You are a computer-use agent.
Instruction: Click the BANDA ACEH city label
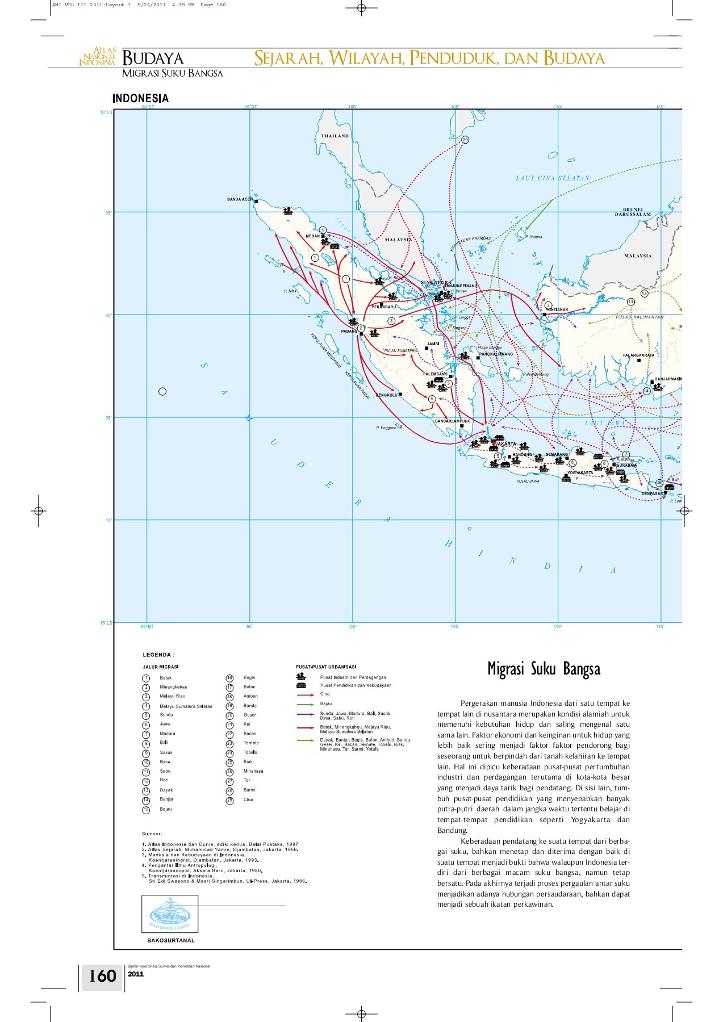(239, 200)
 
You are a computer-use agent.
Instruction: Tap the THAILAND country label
(335, 136)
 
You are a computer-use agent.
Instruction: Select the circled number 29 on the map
(465, 140)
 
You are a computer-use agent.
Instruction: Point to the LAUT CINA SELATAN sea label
(553, 178)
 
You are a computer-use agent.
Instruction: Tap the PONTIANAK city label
(557, 310)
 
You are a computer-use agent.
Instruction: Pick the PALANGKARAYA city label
(638, 355)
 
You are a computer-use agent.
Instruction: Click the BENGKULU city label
(386, 395)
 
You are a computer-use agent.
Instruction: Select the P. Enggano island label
(386, 428)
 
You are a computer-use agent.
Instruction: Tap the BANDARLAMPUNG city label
(453, 421)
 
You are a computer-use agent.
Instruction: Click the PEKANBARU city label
(384, 307)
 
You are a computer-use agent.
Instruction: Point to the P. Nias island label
(290, 291)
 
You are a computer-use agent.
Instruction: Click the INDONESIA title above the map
(140, 98)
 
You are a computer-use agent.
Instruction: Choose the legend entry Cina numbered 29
(248, 799)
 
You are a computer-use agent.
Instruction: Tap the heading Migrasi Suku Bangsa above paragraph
(544, 669)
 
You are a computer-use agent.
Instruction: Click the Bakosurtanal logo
(170, 914)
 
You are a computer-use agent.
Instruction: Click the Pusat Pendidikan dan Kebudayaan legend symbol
(301, 686)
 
